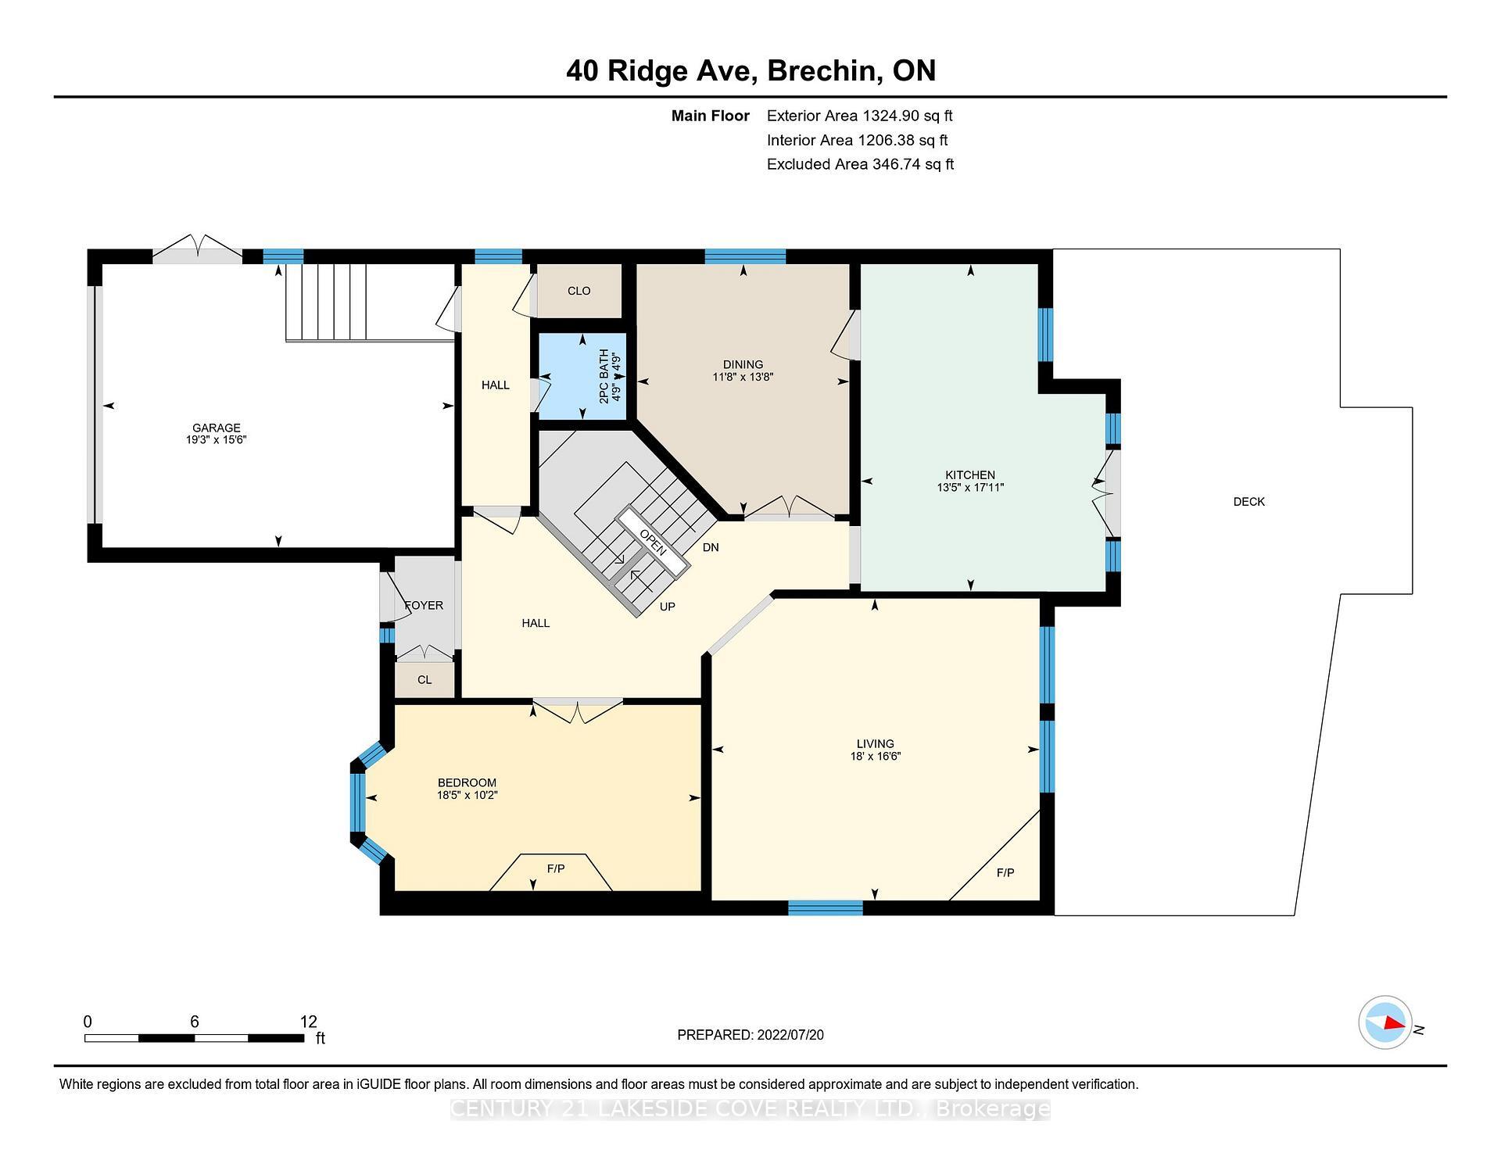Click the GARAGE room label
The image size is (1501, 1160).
[217, 428]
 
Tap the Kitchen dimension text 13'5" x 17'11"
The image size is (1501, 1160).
[970, 488]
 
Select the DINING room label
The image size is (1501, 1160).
[743, 364]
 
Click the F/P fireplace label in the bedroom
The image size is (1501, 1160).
[555, 869]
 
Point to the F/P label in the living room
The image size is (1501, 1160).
[1005, 872]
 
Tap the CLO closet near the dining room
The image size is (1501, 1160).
[579, 291]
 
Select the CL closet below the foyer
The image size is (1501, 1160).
[425, 680]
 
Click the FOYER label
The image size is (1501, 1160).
[424, 605]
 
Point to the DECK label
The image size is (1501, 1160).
[1248, 502]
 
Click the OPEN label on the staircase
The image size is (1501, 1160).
[653, 542]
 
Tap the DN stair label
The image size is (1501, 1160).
[710, 547]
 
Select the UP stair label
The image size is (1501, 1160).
[667, 607]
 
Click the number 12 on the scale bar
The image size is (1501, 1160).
[308, 1022]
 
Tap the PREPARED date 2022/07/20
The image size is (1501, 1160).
[790, 1035]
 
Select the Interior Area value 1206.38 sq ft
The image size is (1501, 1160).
[902, 140]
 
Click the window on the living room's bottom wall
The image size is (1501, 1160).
[825, 908]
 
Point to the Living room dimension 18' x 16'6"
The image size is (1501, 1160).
[876, 757]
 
